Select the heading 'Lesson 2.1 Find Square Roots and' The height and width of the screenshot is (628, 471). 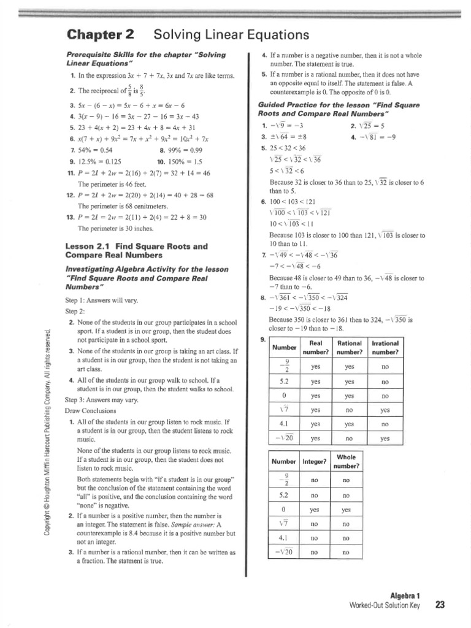pos(136,246)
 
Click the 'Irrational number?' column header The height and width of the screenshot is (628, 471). pos(385,347)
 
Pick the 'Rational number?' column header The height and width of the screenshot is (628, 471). pos(350,347)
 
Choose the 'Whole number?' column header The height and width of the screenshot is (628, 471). pos(346,461)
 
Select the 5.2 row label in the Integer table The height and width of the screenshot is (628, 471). pos(283,494)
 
